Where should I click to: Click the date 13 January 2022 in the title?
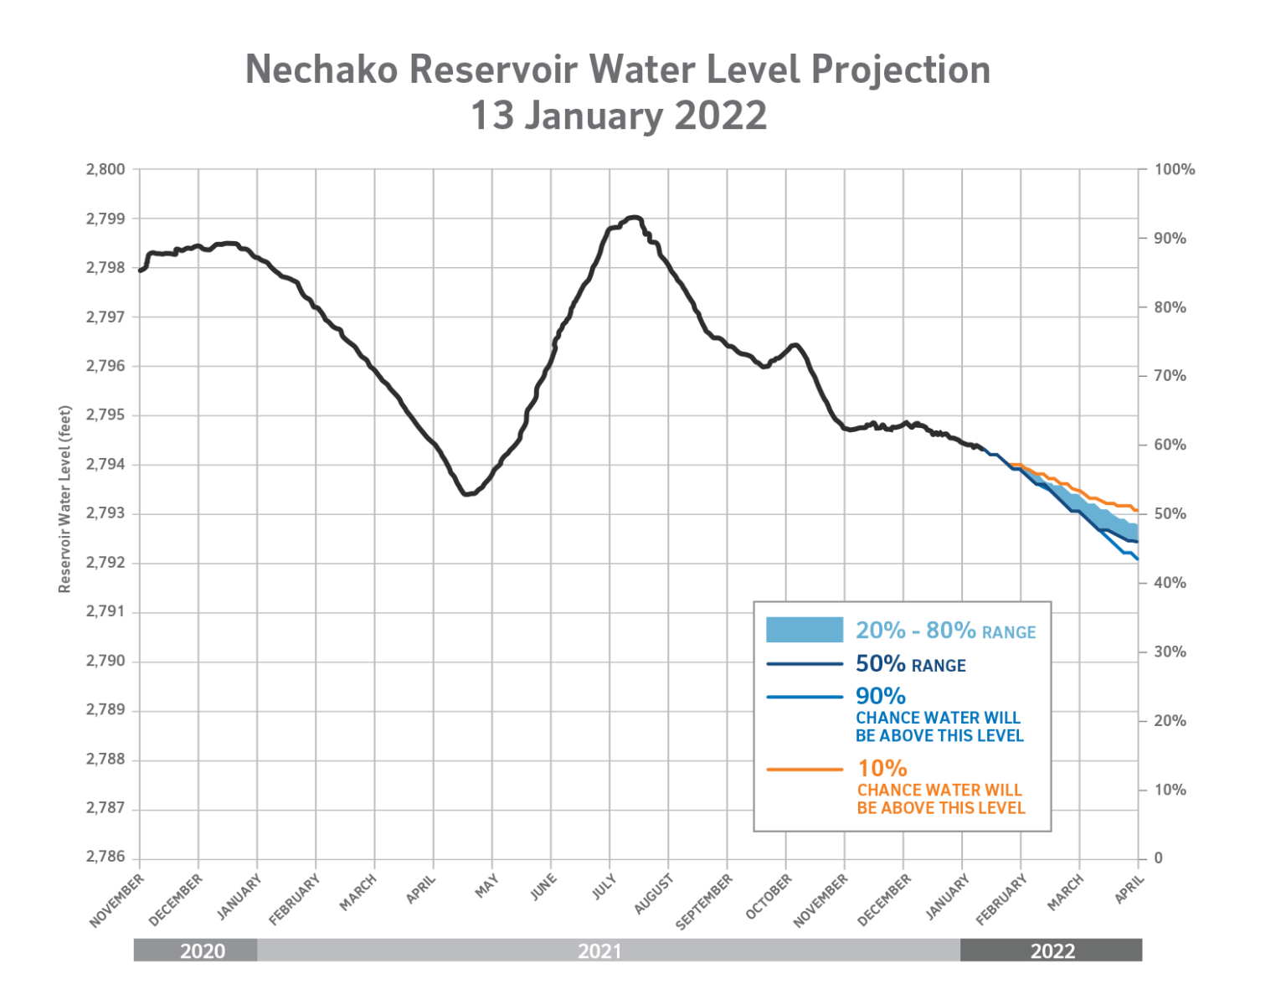(619, 116)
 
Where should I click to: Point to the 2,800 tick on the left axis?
(105, 169)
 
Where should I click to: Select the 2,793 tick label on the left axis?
(105, 513)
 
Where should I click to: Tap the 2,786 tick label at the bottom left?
(105, 858)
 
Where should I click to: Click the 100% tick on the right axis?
(1174, 170)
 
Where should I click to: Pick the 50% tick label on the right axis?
(1170, 514)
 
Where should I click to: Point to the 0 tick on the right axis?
(1159, 858)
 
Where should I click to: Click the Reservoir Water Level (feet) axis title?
(65, 500)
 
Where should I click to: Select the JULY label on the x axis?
(604, 887)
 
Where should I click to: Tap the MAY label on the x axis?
(486, 887)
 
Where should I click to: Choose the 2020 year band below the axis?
(202, 950)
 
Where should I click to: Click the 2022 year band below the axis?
(1052, 950)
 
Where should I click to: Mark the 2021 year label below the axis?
(599, 950)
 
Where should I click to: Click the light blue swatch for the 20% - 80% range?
(804, 630)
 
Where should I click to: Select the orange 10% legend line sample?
(804, 769)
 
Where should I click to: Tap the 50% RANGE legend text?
(910, 665)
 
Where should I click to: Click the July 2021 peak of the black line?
(634, 217)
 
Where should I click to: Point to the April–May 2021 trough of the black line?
(466, 494)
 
